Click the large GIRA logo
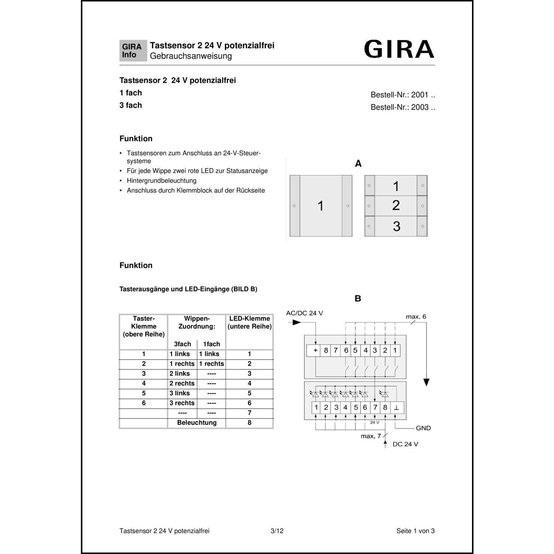point(399,49)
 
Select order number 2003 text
point(403,107)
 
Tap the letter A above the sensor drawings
point(358,164)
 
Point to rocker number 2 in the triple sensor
point(396,205)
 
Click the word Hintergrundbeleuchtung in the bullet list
point(161,181)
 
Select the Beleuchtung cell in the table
point(196,423)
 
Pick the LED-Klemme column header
point(249,322)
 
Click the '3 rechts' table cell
point(182,403)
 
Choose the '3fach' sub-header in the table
point(182,344)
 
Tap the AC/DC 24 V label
point(304,313)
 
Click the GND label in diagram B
point(423,428)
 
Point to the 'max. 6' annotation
point(416,317)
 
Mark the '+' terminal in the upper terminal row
point(315,350)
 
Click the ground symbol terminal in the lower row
point(396,408)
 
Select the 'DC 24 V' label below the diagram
point(405,444)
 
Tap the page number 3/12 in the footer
point(277,531)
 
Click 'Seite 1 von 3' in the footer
point(415,531)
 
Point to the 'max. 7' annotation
point(370,436)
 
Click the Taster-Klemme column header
point(144,326)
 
